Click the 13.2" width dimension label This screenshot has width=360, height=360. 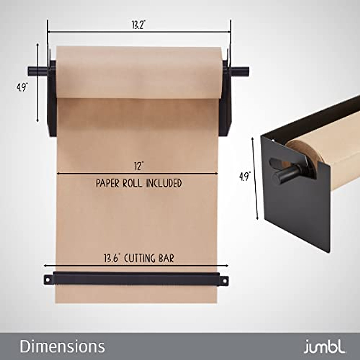(138, 25)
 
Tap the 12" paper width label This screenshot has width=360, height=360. (138, 166)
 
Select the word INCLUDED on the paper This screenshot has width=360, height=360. (164, 183)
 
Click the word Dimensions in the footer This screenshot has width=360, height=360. (62, 346)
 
